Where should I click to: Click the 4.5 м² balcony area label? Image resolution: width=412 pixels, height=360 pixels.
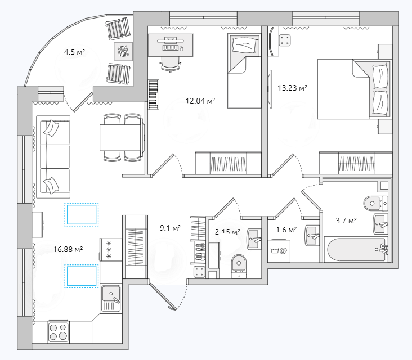pyautogui.click(x=75, y=52)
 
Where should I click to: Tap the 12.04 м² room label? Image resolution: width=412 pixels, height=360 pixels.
pyautogui.click(x=200, y=101)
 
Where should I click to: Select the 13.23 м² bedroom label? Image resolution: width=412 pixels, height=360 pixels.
pyautogui.click(x=293, y=88)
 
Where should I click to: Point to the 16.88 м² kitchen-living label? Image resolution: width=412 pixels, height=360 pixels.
pyautogui.click(x=68, y=249)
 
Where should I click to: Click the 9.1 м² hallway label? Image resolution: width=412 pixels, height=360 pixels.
pyautogui.click(x=171, y=228)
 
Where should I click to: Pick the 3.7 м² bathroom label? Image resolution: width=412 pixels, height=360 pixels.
pyautogui.click(x=346, y=220)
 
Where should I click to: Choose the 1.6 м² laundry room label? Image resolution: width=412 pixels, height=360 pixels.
pyautogui.click(x=286, y=230)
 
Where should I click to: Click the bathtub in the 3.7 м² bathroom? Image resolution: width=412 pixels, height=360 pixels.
pyautogui.click(x=356, y=249)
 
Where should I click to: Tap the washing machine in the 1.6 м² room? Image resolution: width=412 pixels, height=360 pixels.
pyautogui.click(x=279, y=251)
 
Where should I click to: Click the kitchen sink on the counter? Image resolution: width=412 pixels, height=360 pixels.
pyautogui.click(x=111, y=299)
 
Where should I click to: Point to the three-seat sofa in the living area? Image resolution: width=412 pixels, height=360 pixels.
pyautogui.click(x=53, y=157)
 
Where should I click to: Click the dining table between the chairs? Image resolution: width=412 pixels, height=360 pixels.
pyautogui.click(x=121, y=137)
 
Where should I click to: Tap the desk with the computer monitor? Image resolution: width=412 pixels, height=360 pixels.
pyautogui.click(x=171, y=45)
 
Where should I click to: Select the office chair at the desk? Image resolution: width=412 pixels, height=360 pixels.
pyautogui.click(x=171, y=64)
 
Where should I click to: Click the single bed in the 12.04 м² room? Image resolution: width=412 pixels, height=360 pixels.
pyautogui.click(x=244, y=71)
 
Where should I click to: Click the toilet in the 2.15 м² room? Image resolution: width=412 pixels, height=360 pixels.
pyautogui.click(x=239, y=266)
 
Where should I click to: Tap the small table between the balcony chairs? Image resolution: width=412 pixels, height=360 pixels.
pyautogui.click(x=123, y=51)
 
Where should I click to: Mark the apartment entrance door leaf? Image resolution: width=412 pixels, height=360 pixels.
pyautogui.click(x=163, y=296)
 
